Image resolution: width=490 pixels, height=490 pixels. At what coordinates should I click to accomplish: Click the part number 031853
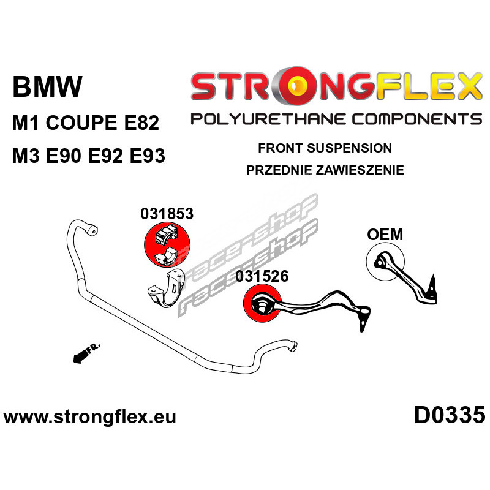coord(167,214)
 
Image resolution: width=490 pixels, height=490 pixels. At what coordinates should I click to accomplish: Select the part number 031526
coord(262,276)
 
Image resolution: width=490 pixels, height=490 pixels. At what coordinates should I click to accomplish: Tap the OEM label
coord(385,235)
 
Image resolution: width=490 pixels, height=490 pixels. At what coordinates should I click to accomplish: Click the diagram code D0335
coord(450,415)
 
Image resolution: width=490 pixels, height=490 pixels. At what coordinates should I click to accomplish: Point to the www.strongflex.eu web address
coord(89,417)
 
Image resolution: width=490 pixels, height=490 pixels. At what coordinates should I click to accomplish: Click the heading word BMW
coord(48,86)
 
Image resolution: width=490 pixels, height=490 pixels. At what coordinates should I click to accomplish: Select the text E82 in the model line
coord(141,123)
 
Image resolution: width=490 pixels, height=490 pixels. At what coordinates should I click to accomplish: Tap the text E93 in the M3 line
coord(147,156)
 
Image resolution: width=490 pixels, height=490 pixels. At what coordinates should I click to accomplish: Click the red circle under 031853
coord(167,244)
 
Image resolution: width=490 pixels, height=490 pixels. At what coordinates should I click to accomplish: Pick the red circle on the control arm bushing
coord(263,304)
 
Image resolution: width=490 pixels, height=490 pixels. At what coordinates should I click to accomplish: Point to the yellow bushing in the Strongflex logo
coord(299,85)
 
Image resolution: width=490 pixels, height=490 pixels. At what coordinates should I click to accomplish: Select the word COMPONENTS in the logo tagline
coord(417,119)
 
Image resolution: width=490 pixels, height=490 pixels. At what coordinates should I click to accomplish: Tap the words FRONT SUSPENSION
coord(325,148)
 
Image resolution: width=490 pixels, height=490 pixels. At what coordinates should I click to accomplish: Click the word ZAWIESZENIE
coord(360,170)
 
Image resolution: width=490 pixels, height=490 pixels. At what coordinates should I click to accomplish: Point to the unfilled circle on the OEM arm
coord(385,262)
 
